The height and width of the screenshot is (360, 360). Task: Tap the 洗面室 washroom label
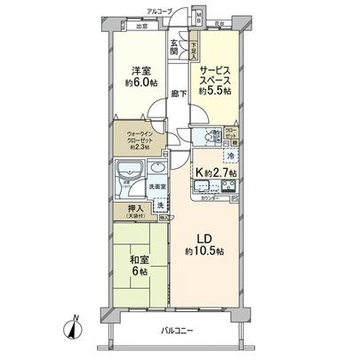coord(157,187)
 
